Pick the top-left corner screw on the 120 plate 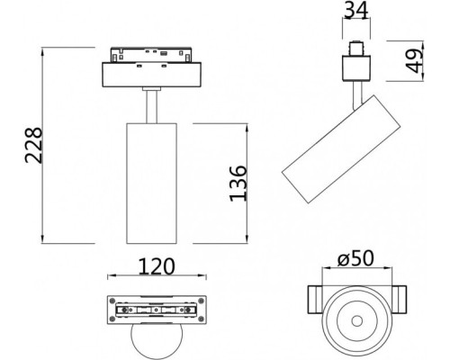point(112,301)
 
